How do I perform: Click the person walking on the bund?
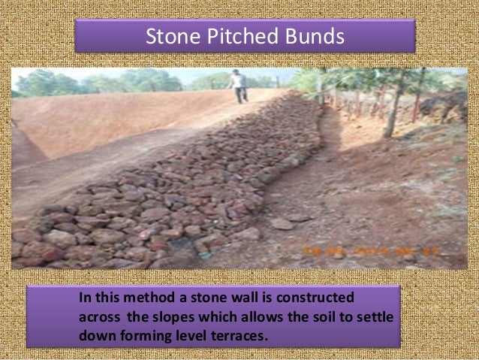pyautogui.click(x=239, y=86)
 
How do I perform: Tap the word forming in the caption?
pyautogui.click(x=142, y=334)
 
